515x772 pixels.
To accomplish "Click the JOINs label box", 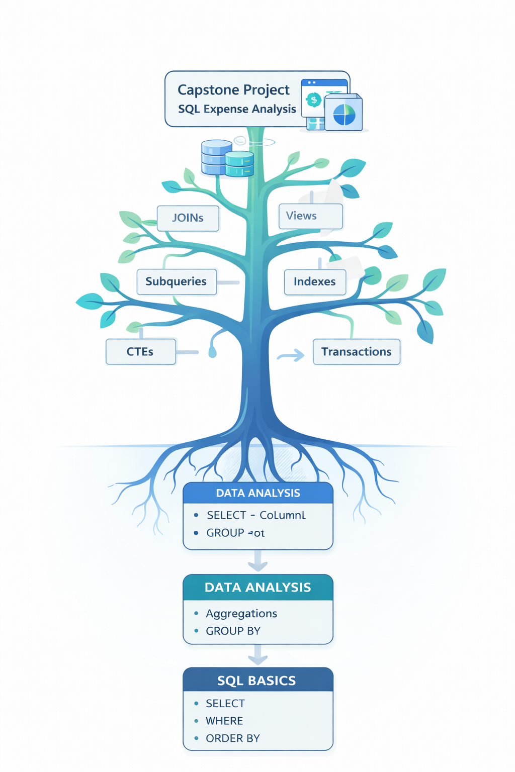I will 188,218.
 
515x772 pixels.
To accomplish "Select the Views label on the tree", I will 310,216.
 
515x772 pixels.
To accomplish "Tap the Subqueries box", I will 177,281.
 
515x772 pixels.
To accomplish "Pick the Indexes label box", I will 315,281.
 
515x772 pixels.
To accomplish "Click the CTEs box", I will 140,352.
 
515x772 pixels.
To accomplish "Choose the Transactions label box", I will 356,352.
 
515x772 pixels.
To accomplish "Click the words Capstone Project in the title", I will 233,90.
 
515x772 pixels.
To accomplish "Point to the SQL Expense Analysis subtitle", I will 237,109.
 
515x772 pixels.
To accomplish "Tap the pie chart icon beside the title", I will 344,115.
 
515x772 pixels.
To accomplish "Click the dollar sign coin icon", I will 314,100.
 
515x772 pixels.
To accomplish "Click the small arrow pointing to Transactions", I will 291,356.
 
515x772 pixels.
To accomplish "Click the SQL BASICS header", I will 257,681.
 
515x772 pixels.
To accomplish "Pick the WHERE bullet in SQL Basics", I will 224,721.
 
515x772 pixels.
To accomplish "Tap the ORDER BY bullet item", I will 232,738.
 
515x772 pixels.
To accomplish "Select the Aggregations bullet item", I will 241,614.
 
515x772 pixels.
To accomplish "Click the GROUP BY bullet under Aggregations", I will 233,631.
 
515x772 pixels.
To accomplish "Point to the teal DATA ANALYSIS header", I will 257,588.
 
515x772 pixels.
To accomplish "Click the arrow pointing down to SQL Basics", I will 257,655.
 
